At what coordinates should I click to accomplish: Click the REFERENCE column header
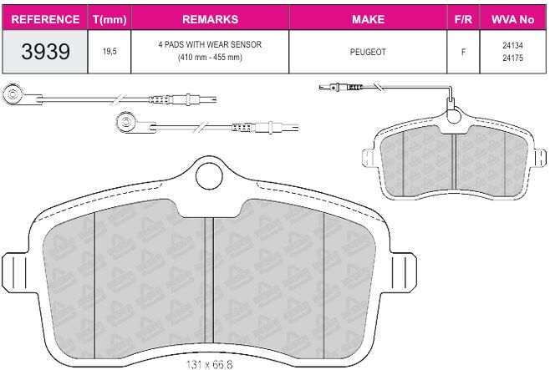click(x=45, y=19)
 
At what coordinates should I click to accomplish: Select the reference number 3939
click(x=46, y=52)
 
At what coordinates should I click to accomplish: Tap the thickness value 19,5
click(x=109, y=52)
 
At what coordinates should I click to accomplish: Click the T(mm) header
click(x=109, y=19)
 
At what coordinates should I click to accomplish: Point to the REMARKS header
click(x=210, y=19)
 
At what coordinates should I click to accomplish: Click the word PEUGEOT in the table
click(x=368, y=52)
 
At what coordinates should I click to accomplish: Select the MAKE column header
click(x=369, y=19)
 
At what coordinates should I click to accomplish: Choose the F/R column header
click(x=463, y=19)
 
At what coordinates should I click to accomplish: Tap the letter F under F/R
click(x=463, y=52)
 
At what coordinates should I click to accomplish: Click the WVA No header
click(x=513, y=19)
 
